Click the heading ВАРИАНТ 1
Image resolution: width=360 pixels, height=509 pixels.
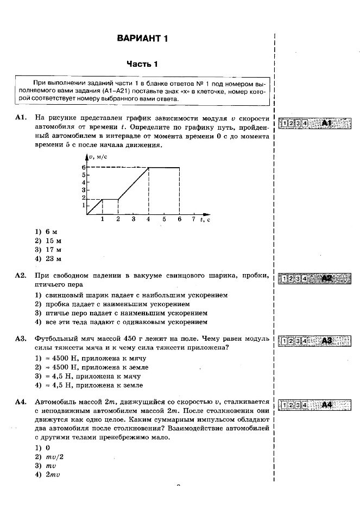[x=143, y=39]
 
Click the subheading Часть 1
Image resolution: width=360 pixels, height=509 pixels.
[x=142, y=64]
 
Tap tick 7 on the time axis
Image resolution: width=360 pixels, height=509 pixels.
[x=193, y=219]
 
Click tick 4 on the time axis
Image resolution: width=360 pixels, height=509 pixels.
[x=148, y=219]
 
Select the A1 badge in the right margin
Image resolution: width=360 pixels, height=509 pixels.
[x=326, y=123]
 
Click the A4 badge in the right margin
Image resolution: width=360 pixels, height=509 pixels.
[x=326, y=404]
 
